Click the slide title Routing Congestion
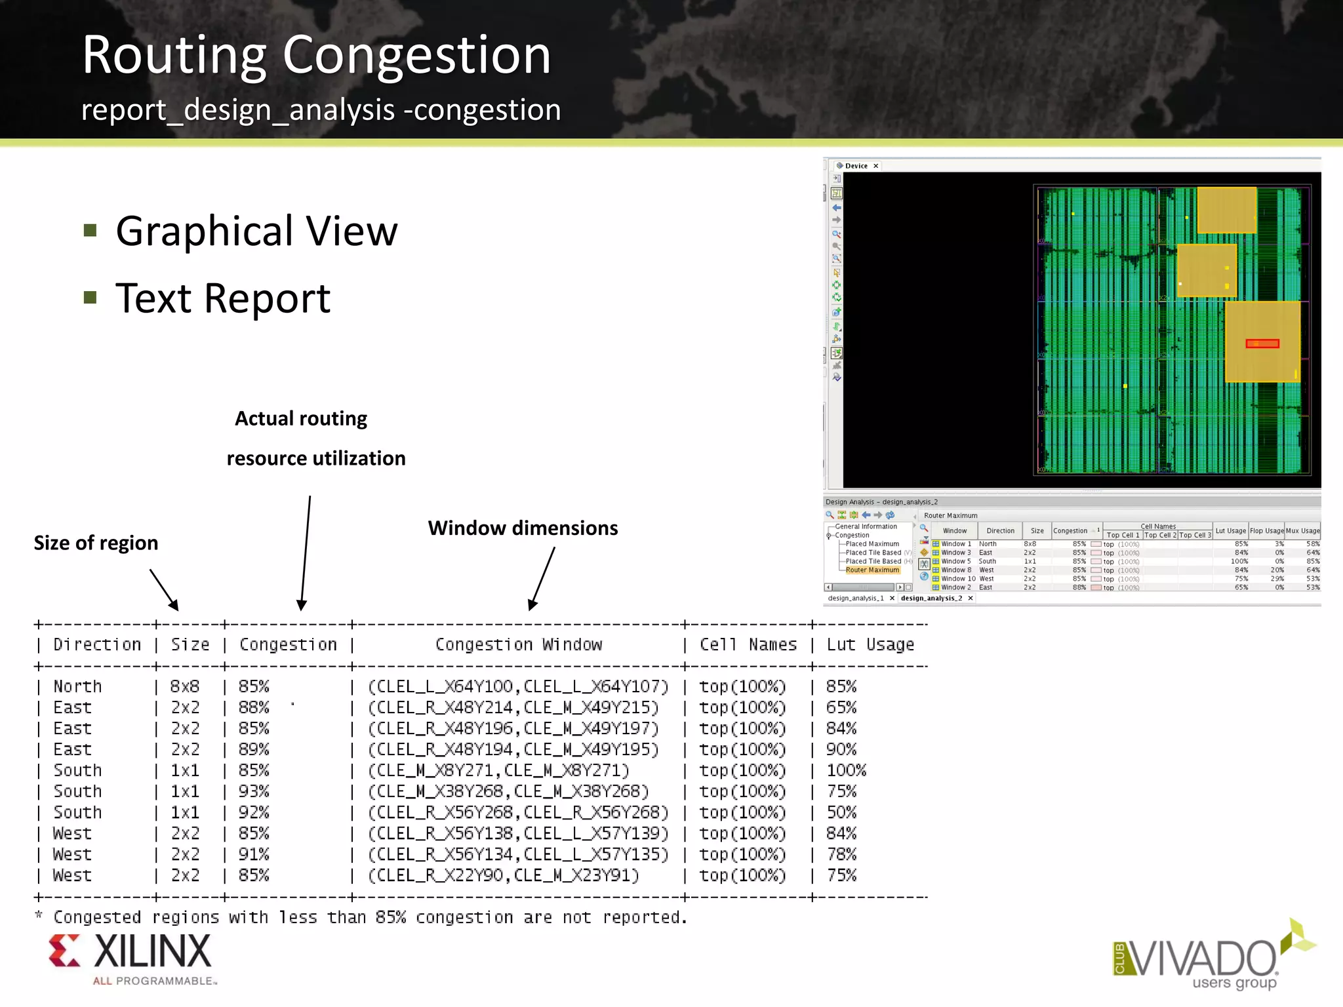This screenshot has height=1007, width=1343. coord(316,56)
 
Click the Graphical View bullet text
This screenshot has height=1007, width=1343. coord(256,231)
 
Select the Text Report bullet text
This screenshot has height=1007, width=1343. coord(223,299)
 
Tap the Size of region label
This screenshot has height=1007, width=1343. coord(96,543)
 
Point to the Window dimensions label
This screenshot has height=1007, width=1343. coord(523,528)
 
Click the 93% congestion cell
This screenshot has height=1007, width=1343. coord(254,791)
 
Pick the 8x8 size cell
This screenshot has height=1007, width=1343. coord(185,686)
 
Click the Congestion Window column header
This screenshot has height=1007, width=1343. coord(519,645)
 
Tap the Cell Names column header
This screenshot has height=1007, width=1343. coord(748,645)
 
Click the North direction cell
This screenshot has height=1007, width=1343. coord(78,686)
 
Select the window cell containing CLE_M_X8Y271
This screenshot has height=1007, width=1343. coord(498,770)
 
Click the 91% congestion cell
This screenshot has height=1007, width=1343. coord(254,854)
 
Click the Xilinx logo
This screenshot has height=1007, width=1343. coord(131,958)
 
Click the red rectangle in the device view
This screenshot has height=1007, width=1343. coord(1262,344)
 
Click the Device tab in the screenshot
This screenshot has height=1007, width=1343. coord(856,166)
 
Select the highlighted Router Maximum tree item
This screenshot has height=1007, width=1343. coord(872,570)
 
